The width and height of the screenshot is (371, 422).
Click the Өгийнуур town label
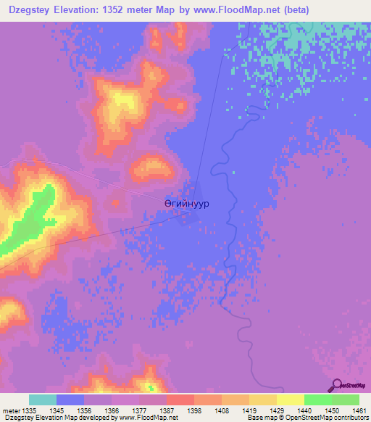[x=186, y=204]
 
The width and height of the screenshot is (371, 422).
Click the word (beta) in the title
[x=290, y=10]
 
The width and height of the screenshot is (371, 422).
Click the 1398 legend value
[x=194, y=410]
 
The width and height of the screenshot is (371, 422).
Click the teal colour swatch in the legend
[x=43, y=400]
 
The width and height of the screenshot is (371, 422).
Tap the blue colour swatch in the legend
[x=70, y=400]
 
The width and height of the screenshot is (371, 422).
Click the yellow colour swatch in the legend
[x=290, y=400]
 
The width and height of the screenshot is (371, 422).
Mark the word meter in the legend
[x=10, y=410]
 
